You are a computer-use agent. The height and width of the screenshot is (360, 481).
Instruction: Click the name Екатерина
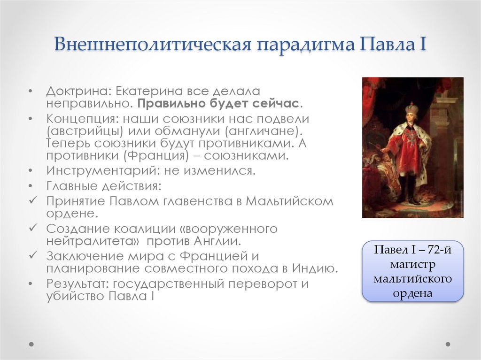pyautogui.click(x=146, y=91)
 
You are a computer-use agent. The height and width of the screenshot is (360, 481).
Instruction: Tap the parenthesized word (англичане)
pyautogui.click(x=263, y=130)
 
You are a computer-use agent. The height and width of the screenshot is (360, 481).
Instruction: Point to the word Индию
pyautogui.click(x=314, y=269)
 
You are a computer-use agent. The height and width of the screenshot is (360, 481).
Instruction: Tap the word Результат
pyautogui.click(x=77, y=284)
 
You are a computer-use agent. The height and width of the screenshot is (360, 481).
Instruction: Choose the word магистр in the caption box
pyautogui.click(x=412, y=265)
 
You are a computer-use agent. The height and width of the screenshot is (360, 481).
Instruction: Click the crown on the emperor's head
pyautogui.click(x=411, y=107)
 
